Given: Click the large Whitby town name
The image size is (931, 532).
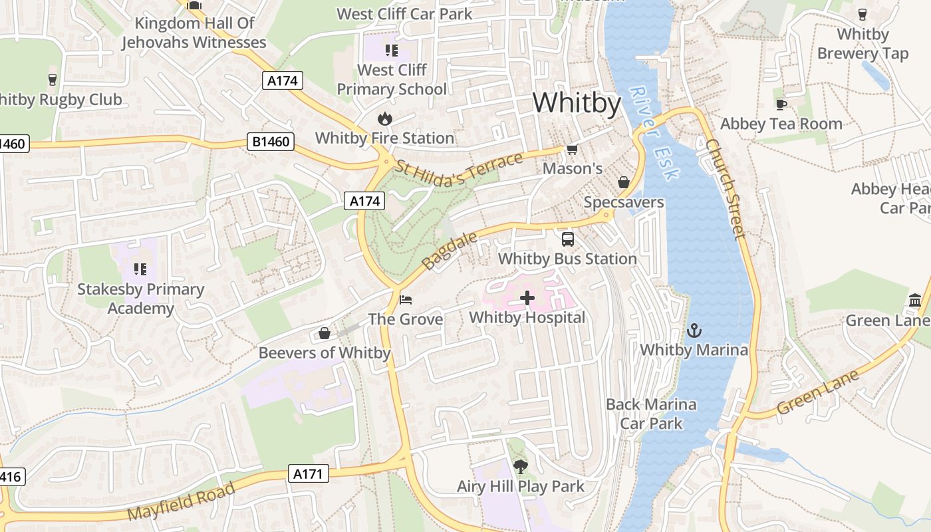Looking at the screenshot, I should (x=577, y=103).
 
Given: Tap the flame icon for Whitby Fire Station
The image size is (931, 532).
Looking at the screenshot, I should (x=384, y=119).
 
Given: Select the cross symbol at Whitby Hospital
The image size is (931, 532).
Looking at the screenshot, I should (x=527, y=298).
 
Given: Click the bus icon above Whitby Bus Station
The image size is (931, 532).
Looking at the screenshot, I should (x=567, y=239).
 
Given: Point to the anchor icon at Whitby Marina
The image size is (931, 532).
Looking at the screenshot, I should (x=694, y=330).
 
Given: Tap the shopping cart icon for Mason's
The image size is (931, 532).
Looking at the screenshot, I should (x=572, y=150).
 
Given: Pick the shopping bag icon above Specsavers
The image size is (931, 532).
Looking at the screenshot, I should (x=624, y=182).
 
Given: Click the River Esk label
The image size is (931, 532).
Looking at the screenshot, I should (x=655, y=133).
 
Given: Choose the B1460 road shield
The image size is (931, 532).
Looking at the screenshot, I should (x=271, y=141).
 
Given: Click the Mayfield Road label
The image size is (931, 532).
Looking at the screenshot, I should (x=181, y=502).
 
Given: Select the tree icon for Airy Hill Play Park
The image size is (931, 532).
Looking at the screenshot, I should (x=520, y=467).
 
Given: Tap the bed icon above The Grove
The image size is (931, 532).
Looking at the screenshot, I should (x=405, y=300).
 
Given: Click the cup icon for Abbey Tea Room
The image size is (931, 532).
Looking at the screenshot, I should (x=781, y=104).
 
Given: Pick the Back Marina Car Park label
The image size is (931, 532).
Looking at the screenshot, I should (x=651, y=414).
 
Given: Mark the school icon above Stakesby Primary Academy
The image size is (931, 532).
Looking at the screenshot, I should (x=140, y=269).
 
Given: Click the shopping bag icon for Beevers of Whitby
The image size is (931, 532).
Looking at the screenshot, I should (x=324, y=333).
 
